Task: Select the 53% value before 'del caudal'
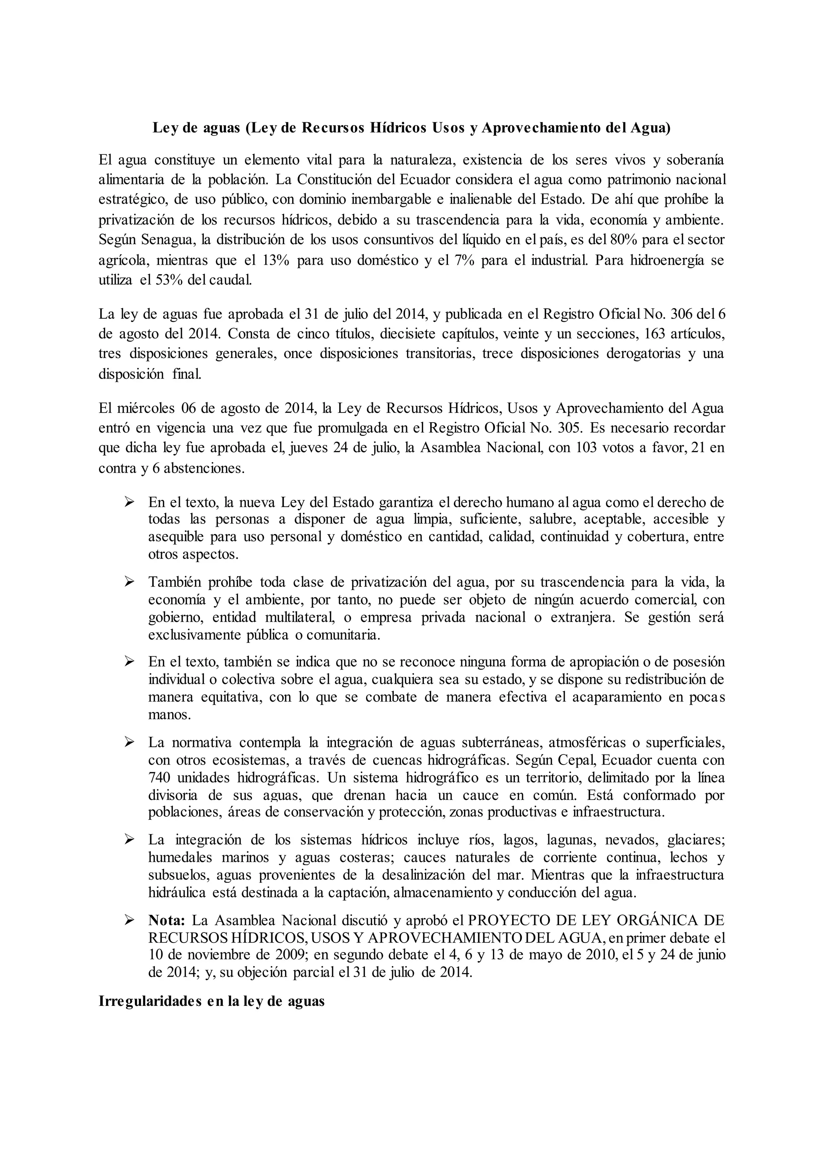coord(169,280)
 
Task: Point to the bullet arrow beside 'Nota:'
coord(129,920)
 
